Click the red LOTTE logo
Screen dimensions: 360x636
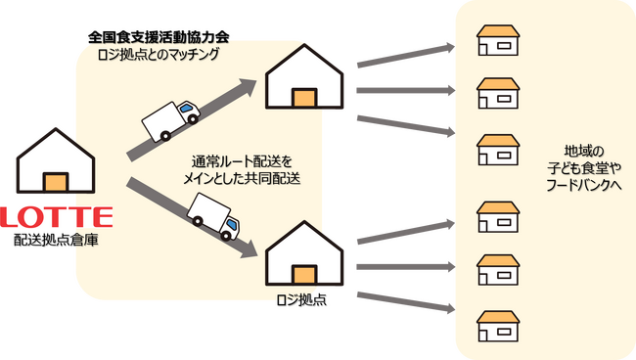coord(58,215)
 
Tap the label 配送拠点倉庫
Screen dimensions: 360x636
coord(58,238)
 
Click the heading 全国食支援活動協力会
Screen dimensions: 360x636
coord(158,37)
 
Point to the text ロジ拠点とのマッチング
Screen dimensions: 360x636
coord(159,55)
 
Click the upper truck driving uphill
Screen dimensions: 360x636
coord(172,120)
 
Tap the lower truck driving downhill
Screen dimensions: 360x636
coord(214,217)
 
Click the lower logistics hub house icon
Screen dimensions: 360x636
coord(304,253)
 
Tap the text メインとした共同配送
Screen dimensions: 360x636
coord(242,178)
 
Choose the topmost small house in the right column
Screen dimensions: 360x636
coord(497,40)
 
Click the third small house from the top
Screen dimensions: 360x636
coord(497,150)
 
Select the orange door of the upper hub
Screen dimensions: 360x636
coord(304,97)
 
